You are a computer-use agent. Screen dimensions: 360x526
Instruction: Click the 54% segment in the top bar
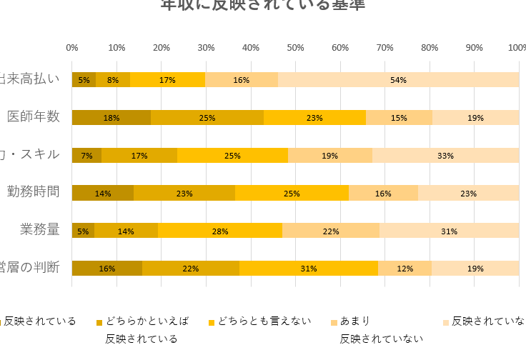click(398, 80)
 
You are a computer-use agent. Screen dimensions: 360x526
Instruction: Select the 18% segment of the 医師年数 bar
click(111, 118)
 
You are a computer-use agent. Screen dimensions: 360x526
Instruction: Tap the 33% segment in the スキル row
click(445, 155)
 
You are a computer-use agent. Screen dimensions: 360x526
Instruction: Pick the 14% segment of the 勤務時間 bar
click(103, 193)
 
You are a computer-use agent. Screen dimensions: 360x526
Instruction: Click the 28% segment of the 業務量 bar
click(220, 231)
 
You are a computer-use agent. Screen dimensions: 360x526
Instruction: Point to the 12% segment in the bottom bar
click(405, 269)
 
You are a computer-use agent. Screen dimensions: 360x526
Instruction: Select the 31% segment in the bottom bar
click(309, 269)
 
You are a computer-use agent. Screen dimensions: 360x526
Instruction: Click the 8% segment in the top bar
click(113, 80)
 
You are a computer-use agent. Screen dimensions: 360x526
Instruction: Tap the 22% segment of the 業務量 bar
click(331, 231)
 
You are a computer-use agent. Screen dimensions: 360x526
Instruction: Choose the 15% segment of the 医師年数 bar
click(399, 118)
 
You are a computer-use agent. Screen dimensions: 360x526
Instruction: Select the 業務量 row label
click(40, 229)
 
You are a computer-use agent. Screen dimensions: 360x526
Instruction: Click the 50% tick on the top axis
click(295, 47)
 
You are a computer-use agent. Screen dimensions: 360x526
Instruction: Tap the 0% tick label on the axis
click(72, 47)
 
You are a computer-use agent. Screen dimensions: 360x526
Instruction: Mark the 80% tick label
click(430, 47)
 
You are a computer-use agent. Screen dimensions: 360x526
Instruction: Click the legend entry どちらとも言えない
click(264, 321)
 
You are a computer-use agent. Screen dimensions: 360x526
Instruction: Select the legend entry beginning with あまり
click(354, 321)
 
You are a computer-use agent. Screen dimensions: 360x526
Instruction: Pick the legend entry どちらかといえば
click(147, 321)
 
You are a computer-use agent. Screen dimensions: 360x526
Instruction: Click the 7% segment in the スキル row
click(86, 155)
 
